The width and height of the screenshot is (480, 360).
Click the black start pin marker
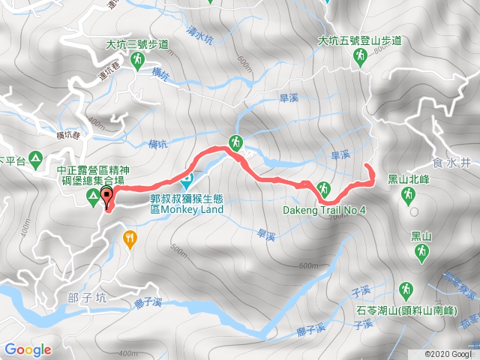(106, 198)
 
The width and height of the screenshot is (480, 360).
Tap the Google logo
(27, 349)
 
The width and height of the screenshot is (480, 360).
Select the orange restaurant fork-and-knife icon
(131, 238)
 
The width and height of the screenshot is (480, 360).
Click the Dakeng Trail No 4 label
(324, 211)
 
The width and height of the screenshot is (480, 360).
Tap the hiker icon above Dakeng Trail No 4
(324, 188)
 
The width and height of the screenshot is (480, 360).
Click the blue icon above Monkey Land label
(187, 180)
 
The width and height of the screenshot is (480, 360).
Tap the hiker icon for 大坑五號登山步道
(361, 58)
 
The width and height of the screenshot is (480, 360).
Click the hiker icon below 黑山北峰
(407, 196)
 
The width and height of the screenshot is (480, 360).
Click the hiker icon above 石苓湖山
(406, 289)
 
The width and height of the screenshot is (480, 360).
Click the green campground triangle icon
(92, 197)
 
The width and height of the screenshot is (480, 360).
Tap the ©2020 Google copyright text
(450, 353)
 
